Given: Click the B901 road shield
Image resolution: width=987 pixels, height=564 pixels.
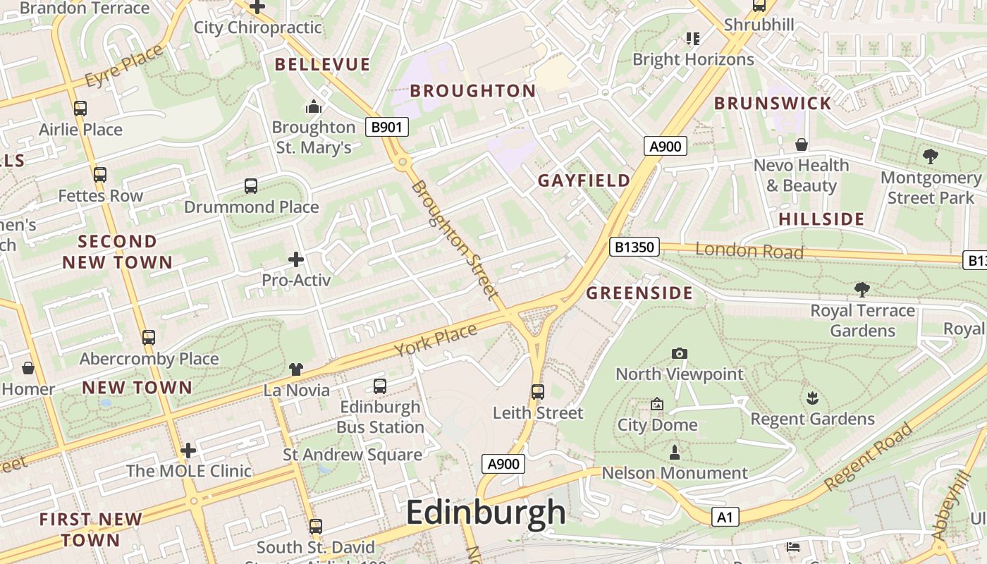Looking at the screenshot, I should point(387,127).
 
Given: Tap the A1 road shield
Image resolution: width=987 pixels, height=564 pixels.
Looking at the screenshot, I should point(724,517).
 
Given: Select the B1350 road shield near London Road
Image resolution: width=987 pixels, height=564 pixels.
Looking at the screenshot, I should point(634,247).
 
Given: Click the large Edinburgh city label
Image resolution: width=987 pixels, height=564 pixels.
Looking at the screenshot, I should point(486,513).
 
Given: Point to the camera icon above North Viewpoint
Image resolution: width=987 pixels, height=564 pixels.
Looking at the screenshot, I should point(680,353).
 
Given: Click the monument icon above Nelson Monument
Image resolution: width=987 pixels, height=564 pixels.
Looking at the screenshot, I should point(675,451).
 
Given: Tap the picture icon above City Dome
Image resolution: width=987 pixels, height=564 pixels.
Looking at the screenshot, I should point(657,404).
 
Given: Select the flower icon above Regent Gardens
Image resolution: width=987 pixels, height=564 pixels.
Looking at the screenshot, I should point(812,398).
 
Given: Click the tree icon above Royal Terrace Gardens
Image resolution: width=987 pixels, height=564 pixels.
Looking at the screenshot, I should point(862,289).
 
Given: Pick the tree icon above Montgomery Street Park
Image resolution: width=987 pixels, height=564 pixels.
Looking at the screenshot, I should point(930,157).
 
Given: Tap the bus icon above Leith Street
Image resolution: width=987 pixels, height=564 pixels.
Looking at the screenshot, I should point(538,391).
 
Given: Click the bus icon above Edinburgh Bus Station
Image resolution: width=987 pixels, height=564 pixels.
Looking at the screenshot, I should point(380,386).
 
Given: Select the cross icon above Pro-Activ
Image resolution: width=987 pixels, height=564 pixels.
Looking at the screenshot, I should point(296,259).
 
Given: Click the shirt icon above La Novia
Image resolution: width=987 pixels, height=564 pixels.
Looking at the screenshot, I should point(296,369).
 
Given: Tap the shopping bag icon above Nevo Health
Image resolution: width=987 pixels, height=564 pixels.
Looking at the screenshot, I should point(801,145).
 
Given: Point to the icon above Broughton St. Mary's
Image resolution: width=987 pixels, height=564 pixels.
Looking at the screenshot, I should point(313,106).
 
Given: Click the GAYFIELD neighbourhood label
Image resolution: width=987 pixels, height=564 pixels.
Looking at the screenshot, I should point(584,180).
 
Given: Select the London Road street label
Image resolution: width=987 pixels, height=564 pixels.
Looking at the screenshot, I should point(749,250).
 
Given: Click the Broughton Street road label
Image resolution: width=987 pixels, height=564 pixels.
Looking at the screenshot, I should point(455,240).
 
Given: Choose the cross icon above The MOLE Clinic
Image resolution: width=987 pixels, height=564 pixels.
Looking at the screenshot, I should point(188,450).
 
